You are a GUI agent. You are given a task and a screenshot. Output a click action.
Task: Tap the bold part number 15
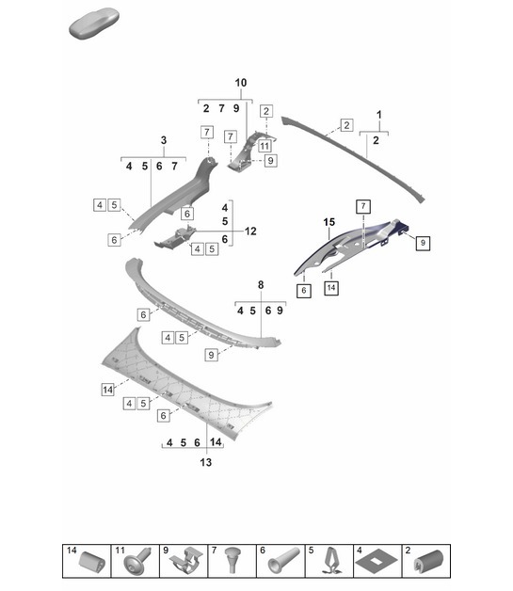pos(329,222)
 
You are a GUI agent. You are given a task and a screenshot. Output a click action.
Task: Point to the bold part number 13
pos(205,462)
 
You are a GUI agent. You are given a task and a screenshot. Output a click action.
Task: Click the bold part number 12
pos(250,231)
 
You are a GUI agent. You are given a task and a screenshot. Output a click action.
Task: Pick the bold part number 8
pos(261,282)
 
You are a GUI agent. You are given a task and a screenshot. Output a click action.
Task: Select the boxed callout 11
pos(265,146)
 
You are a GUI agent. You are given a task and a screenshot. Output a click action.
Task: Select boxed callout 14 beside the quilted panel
pos(107,388)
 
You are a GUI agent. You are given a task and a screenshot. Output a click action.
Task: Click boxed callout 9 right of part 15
pos(423,243)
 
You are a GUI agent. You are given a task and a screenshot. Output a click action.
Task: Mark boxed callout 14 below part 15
pos(331,289)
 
